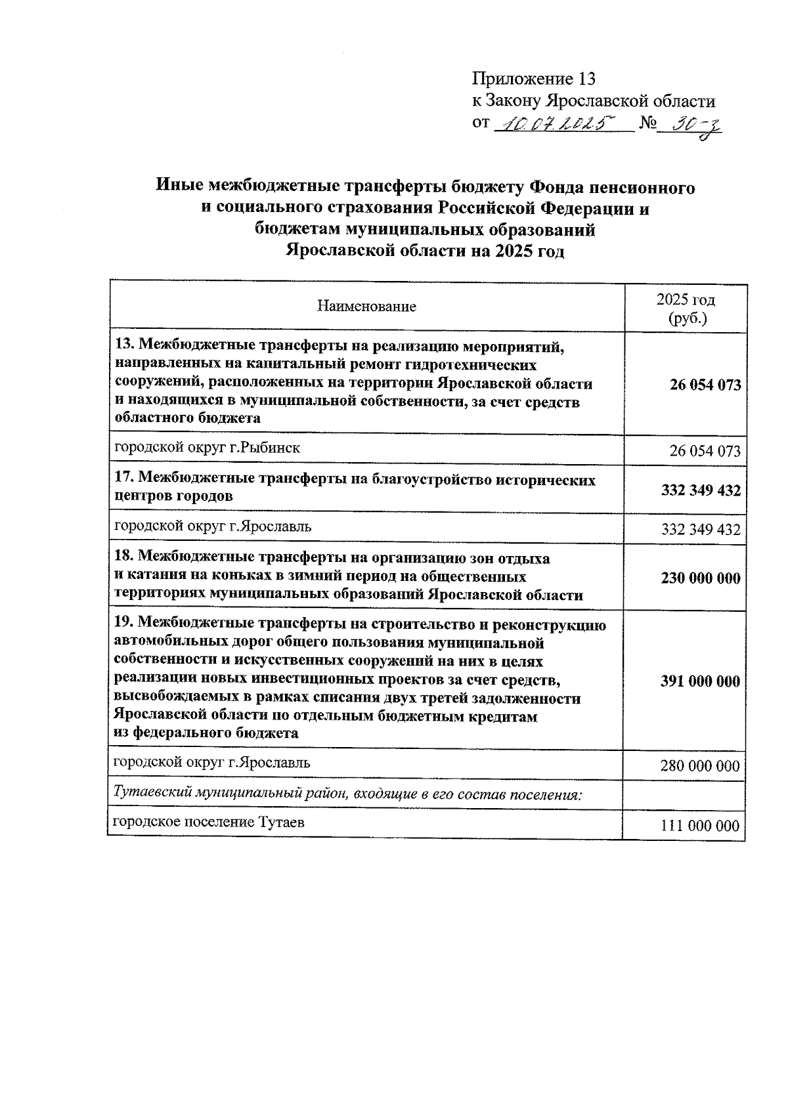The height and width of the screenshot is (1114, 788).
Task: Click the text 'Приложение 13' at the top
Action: (533, 79)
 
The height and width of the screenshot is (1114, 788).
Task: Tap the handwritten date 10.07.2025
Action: (552, 123)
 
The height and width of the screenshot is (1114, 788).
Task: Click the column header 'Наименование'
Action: (366, 307)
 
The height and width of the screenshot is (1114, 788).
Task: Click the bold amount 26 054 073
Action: (705, 385)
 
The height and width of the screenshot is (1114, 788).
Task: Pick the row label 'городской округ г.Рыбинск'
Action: (208, 448)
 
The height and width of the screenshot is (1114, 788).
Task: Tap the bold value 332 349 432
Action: (700, 490)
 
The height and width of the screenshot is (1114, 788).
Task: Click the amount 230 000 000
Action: (700, 578)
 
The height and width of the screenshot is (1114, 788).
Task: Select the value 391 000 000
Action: (700, 681)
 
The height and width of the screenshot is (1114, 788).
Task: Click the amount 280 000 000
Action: (700, 766)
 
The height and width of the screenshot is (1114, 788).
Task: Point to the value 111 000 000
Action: (700, 826)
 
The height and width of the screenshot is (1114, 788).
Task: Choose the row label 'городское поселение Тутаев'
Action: (209, 823)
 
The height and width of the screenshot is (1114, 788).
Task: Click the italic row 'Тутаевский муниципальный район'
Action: (348, 794)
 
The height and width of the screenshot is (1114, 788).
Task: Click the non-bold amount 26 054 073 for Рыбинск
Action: (705, 451)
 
